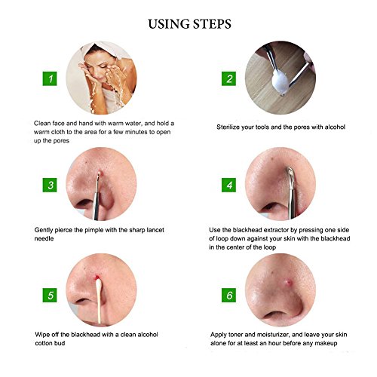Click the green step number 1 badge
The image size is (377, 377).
pos(50,78)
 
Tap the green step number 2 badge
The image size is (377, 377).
pos(228,78)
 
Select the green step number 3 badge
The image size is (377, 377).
pos(50,185)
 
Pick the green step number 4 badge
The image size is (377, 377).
pos(228,185)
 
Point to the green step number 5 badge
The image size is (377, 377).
pos(50,296)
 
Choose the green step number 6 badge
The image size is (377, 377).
pos(228,296)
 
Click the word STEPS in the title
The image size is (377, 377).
pos(212,24)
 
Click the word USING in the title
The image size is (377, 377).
pos(169,24)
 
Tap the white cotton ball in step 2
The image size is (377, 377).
pos(280,81)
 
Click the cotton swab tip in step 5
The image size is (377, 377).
pos(98,285)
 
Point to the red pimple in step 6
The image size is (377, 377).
pos(287,283)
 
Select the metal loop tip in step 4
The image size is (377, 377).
pos(291,173)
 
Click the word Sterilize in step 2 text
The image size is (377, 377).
pos(228,127)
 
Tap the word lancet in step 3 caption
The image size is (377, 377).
pos(155,230)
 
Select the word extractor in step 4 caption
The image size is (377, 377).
pos(276,230)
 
